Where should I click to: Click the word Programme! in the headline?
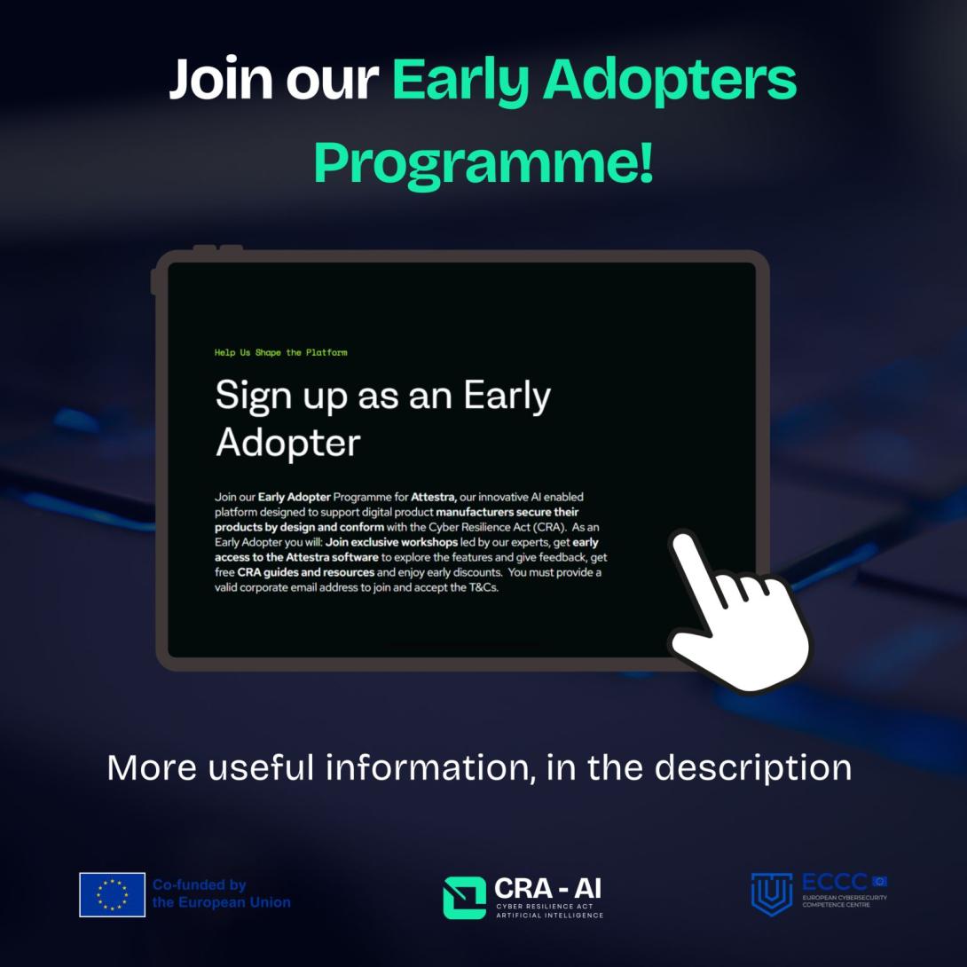483,162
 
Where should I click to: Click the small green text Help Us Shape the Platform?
280,353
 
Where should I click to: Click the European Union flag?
112,894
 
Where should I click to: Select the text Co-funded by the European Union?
221,893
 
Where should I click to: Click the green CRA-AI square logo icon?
464,897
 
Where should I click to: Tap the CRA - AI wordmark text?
547,888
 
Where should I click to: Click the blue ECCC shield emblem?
772,892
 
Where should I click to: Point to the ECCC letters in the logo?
834,883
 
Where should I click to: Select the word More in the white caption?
150,767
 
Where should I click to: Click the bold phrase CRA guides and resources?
306,572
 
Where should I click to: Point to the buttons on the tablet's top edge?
218,248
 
